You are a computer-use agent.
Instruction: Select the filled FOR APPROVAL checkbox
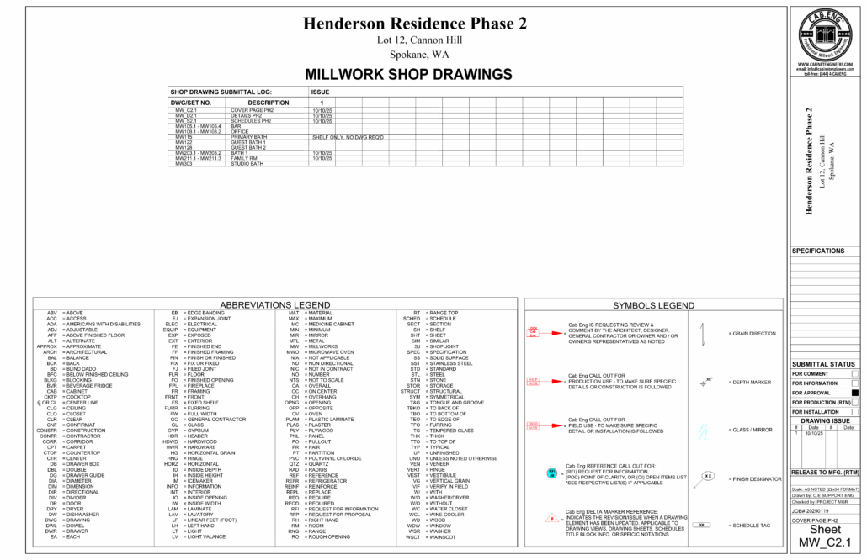pos(854,393)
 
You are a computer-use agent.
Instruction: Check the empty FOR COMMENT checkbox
pos(854,373)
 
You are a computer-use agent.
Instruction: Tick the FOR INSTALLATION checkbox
pos(854,412)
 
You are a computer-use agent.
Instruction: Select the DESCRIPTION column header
pos(269,103)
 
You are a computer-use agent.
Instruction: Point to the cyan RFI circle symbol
pos(551,472)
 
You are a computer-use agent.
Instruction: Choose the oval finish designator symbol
pos(708,476)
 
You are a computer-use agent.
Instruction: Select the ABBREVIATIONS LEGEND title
pos(274,304)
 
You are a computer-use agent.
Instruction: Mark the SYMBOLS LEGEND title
pos(653,304)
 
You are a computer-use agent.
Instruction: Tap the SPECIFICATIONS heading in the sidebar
pos(818,251)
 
